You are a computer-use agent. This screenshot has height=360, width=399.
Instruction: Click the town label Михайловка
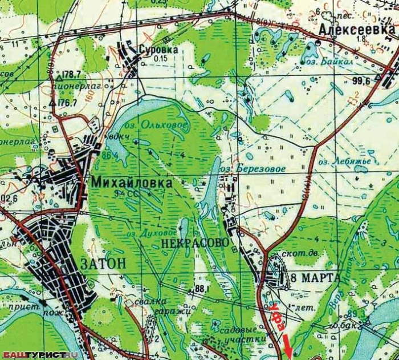(131, 183)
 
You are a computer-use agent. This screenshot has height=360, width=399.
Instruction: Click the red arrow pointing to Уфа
(288, 346)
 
